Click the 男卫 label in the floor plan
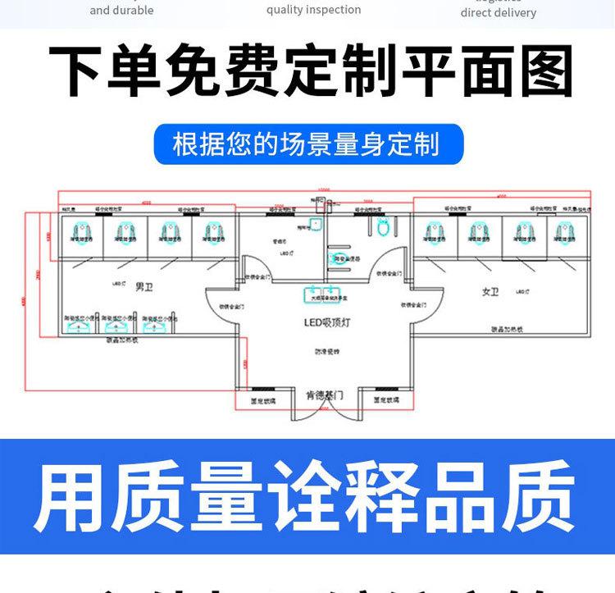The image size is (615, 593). pos(144,286)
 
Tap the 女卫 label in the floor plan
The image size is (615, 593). pos(490,291)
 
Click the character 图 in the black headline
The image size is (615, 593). pos(540,71)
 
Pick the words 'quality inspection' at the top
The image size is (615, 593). pos(313,10)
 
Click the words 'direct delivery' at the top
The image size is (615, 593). pos(498,12)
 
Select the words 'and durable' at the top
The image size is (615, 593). pos(121,11)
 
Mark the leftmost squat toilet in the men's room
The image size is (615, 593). pos(83,232)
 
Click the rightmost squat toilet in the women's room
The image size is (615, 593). pos(564,232)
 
